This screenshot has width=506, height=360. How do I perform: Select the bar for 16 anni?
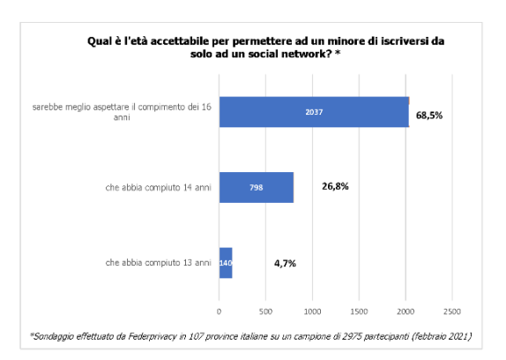pos(313,112)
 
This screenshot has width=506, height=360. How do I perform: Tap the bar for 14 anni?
pos(256,187)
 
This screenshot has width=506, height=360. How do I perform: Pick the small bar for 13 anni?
pos(226,263)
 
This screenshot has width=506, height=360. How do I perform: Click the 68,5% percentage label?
pos(428,116)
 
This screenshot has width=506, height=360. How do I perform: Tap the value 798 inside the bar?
pos(256,187)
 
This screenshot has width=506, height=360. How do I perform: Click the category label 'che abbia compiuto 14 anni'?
pos(158,187)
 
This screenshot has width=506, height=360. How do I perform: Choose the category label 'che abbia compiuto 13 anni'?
pos(158,263)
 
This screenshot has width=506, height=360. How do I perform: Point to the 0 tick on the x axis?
pos(219,311)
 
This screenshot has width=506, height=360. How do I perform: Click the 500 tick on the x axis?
pos(265,311)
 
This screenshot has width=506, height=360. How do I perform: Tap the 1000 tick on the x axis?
pos(312,311)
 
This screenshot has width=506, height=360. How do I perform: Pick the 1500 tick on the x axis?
pos(359,311)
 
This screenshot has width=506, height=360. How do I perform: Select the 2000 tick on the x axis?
pos(406,311)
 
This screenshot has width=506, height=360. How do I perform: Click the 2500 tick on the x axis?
pos(452,311)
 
